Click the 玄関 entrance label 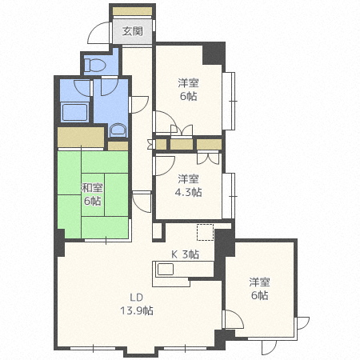click(x=132, y=32)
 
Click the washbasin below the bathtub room click(x=117, y=130)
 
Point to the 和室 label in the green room click(x=91, y=189)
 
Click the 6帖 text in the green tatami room click(x=91, y=202)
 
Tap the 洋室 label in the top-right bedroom click(x=188, y=83)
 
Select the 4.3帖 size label click(x=189, y=192)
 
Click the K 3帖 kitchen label click(x=186, y=254)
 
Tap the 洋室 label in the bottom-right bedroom click(x=258, y=282)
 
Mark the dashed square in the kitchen click(x=206, y=233)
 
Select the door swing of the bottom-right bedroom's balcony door click(x=302, y=324)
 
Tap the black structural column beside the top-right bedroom click(x=214, y=54)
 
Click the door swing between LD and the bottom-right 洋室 click(x=234, y=322)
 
